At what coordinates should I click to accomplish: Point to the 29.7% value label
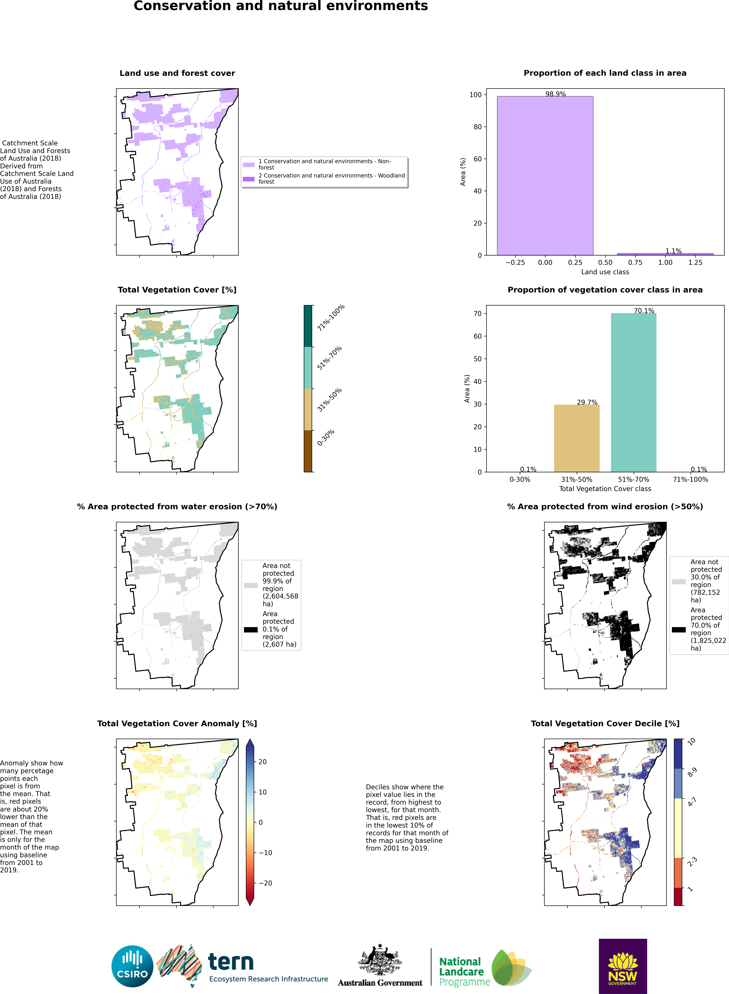click(587, 402)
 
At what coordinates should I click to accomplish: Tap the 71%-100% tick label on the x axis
click(690, 480)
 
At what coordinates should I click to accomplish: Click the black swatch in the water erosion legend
click(251, 630)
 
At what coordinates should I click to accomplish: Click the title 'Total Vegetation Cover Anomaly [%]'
click(177, 724)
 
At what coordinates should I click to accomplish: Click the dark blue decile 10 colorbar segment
click(678, 754)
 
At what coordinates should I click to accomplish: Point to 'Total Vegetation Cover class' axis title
click(605, 489)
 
